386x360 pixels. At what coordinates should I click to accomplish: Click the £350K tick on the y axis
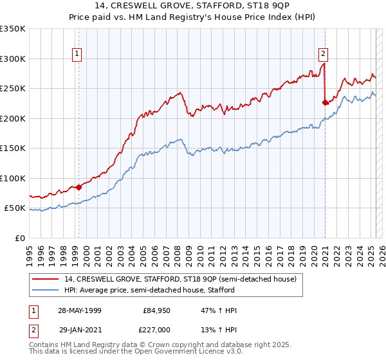point(13,29)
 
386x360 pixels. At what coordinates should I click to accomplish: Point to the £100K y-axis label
point(13,178)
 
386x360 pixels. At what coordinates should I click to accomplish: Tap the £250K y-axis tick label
point(13,89)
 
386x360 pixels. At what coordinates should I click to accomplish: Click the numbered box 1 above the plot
point(77,54)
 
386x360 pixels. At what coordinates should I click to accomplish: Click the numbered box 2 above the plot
point(323,54)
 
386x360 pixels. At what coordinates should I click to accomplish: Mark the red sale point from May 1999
point(78,188)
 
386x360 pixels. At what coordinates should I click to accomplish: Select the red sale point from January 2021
point(325,102)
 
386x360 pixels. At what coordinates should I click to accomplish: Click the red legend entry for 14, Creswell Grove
point(180,279)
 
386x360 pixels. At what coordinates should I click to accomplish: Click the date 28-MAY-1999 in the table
point(80,310)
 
